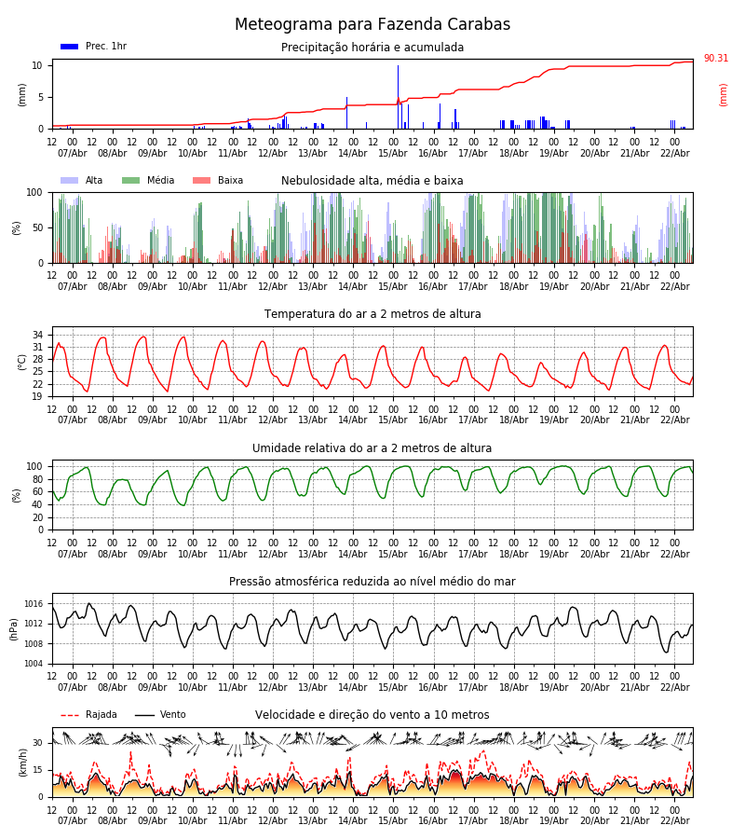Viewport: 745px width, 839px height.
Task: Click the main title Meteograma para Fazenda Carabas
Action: pyautogui.click(x=372, y=25)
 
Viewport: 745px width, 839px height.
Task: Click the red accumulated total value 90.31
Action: pyautogui.click(x=715, y=59)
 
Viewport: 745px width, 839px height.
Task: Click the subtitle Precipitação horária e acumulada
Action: pyautogui.click(x=372, y=48)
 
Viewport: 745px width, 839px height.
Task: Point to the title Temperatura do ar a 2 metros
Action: pyautogui.click(x=372, y=314)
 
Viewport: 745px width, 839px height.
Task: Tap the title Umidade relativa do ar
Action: pyautogui.click(x=372, y=448)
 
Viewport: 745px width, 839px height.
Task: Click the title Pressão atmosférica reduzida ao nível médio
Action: pyautogui.click(x=372, y=582)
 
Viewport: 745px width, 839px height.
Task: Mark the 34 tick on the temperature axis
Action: pyautogui.click(x=38, y=335)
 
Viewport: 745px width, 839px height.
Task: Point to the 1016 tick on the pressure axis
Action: pyautogui.click(x=34, y=604)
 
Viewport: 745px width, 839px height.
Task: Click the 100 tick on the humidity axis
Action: pyautogui.click(x=34, y=466)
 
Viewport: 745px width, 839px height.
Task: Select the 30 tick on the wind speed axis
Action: pyautogui.click(x=38, y=743)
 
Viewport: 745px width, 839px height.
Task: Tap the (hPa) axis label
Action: pyautogui.click(x=14, y=628)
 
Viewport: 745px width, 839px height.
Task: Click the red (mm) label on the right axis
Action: pyautogui.click(x=724, y=94)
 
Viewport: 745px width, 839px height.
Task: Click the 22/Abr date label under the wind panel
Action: pyautogui.click(x=675, y=820)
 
